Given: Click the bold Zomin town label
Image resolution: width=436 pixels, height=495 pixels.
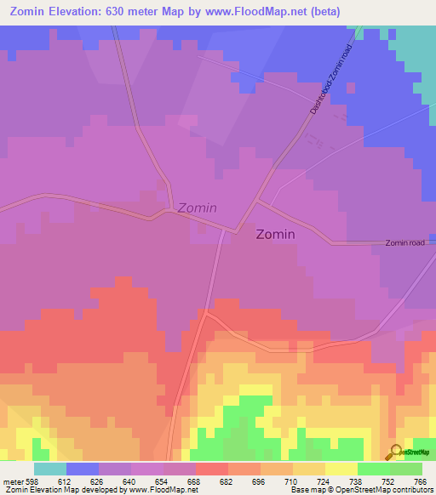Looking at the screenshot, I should point(276,235).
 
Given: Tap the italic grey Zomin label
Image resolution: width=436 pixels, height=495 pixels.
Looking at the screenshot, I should point(197,208).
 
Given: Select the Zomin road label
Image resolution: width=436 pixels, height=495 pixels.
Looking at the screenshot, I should point(404,242).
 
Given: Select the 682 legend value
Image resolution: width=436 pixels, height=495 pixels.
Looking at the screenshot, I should point(226,482).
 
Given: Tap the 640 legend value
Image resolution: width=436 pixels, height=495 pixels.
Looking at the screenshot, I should point(129,482).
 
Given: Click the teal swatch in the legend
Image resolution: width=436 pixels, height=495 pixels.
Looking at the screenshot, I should point(50,469).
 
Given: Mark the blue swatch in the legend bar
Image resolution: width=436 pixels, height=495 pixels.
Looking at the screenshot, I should point(83,469).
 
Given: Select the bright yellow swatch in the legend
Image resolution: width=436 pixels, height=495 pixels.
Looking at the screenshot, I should point(341,469).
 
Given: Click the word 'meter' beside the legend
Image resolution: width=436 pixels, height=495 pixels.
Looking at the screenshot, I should point(12,482).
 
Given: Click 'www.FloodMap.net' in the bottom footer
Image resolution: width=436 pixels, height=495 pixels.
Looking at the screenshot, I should point(165,490).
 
